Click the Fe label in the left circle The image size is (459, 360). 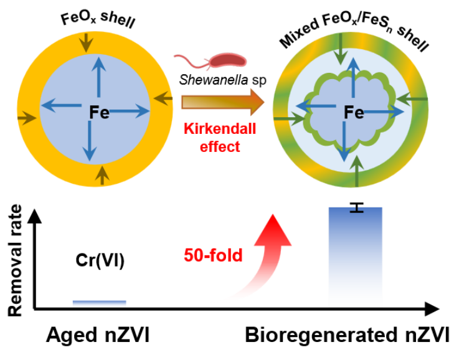click(x=99, y=113)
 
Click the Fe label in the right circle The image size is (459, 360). click(x=354, y=112)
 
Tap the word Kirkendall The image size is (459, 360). click(x=220, y=130)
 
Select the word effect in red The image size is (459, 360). click(x=220, y=147)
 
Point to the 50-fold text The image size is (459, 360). click(x=213, y=255)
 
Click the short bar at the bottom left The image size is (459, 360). click(x=99, y=303)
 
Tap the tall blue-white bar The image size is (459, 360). click(x=356, y=262)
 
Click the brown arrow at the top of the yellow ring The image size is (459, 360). click(x=86, y=42)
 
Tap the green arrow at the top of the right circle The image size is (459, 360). click(x=340, y=50)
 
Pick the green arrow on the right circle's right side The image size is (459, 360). click(x=410, y=98)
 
